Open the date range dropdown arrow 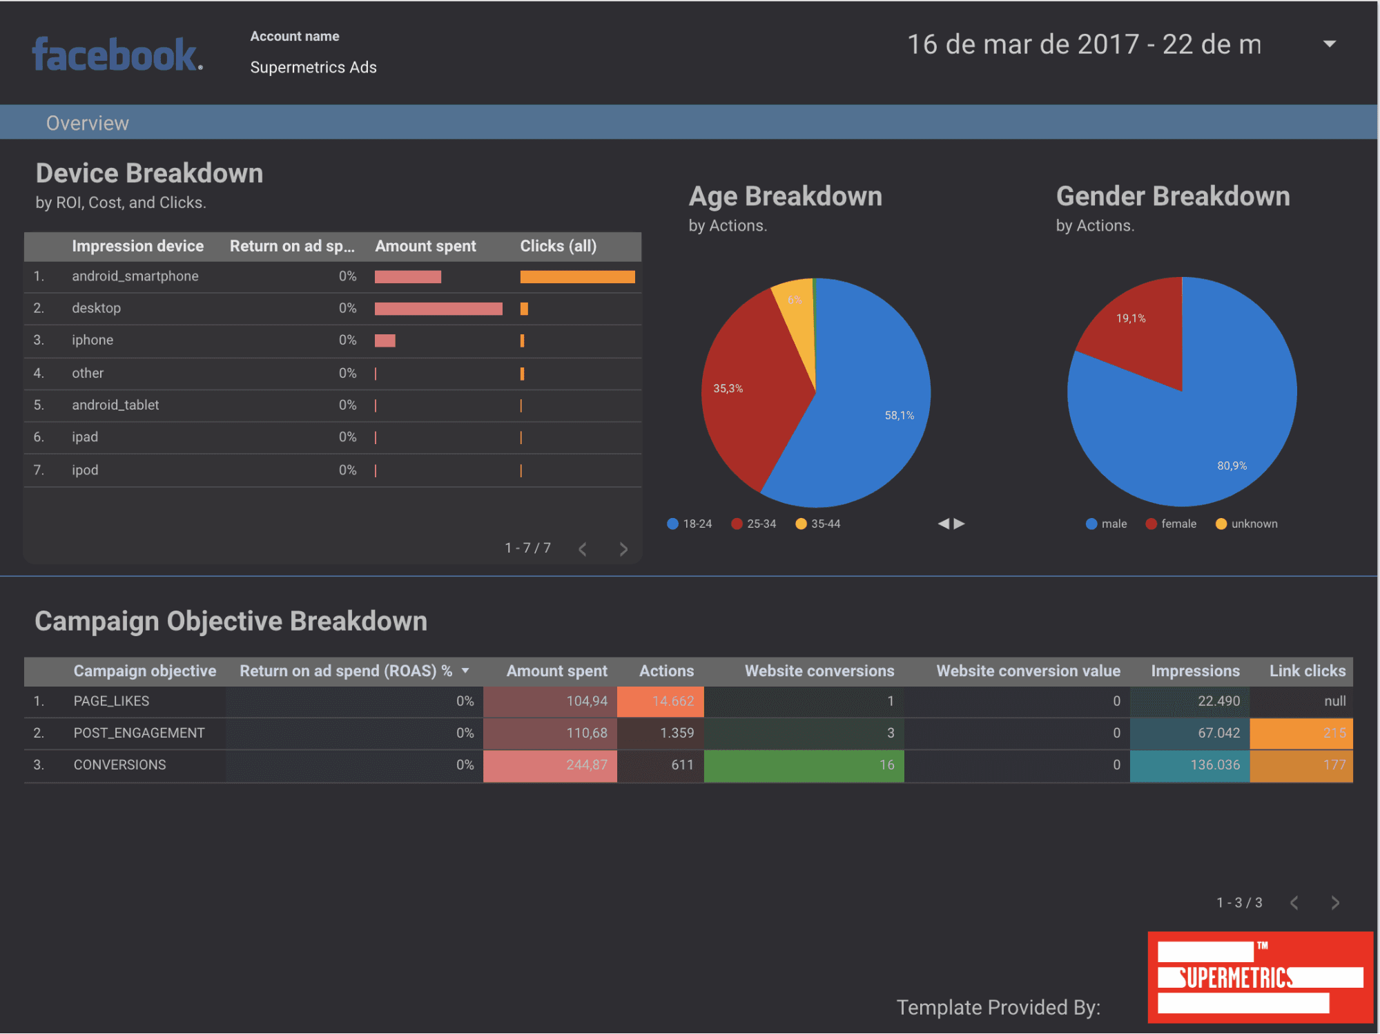(x=1329, y=44)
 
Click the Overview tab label (x=88, y=123)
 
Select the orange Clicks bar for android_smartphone (x=577, y=277)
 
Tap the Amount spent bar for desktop (x=438, y=309)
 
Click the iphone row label (x=93, y=340)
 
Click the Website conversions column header (x=819, y=671)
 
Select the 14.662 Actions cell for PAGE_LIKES (x=661, y=701)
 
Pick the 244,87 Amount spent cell (x=550, y=765)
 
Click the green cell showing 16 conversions (x=804, y=765)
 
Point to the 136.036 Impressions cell (x=1189, y=765)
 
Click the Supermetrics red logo (x=1260, y=977)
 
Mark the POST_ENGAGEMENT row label (x=139, y=733)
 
